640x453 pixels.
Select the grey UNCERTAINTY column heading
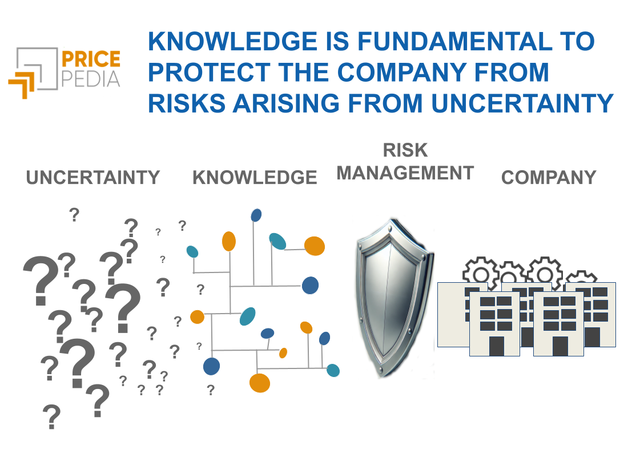[x=93, y=178]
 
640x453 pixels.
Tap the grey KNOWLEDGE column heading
[x=255, y=178]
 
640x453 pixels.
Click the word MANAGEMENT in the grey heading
[x=405, y=173]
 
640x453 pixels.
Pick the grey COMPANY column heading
[x=549, y=178]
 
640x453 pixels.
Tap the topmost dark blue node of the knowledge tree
[x=256, y=215]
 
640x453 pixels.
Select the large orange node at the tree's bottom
[x=260, y=382]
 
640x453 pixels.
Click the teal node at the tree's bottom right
[x=333, y=370]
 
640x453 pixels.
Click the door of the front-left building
[x=496, y=346]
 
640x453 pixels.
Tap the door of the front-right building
[x=560, y=346]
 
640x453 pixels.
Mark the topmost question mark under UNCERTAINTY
[x=74, y=215]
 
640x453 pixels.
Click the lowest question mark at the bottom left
[x=51, y=417]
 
